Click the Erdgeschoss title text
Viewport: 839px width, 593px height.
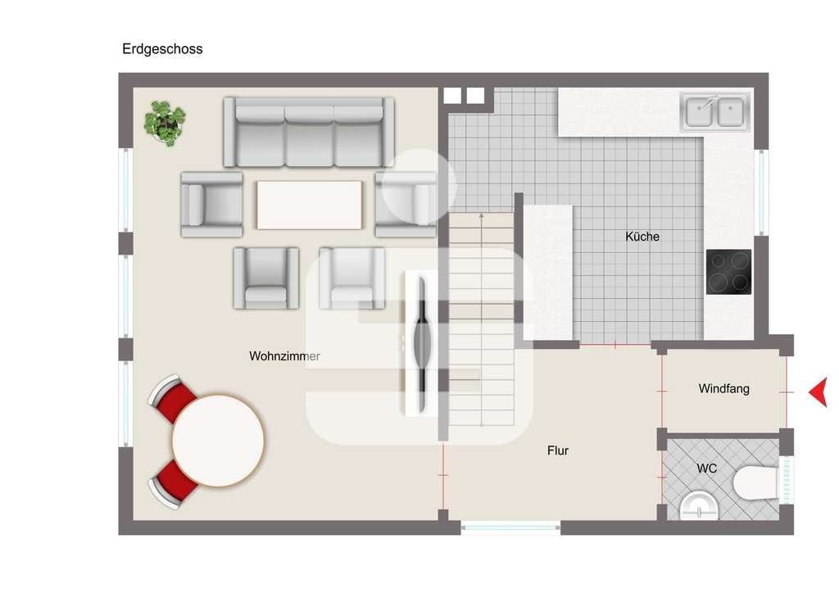(162, 49)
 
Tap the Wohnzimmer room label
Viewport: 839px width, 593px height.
(284, 356)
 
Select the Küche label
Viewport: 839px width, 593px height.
(642, 237)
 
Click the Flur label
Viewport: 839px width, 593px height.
(557, 450)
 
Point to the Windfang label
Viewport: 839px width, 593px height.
(723, 389)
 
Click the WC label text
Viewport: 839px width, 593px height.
(706, 469)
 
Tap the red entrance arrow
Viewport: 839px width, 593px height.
(819, 392)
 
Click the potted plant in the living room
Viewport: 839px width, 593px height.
(165, 124)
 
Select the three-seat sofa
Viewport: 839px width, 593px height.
(309, 132)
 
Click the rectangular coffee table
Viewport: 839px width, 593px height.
(309, 205)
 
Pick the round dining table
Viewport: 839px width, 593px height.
(218, 441)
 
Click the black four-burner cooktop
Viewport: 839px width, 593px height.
(728, 272)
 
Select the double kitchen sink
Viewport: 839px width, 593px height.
(714, 111)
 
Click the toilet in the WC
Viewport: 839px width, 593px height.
(755, 482)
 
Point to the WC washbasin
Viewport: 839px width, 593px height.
(699, 505)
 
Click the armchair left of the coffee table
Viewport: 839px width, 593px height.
(212, 204)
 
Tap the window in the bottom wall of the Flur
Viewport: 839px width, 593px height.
(510, 527)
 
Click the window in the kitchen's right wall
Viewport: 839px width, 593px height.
(761, 192)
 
